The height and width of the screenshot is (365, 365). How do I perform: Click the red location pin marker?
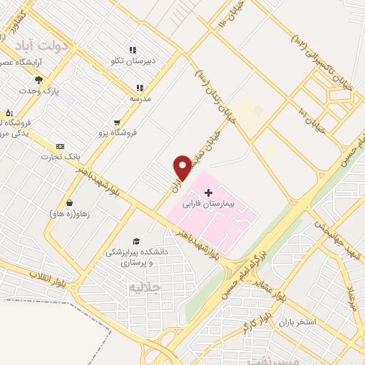(x=182, y=168)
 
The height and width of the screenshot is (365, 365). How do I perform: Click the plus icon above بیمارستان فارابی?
(x=208, y=192)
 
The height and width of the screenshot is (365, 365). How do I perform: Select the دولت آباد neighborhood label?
(x=45, y=46)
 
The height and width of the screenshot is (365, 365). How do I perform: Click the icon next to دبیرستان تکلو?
(x=132, y=50)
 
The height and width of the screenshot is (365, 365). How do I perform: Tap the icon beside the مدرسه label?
(x=140, y=88)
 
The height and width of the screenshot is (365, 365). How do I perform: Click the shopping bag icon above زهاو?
(x=69, y=202)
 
